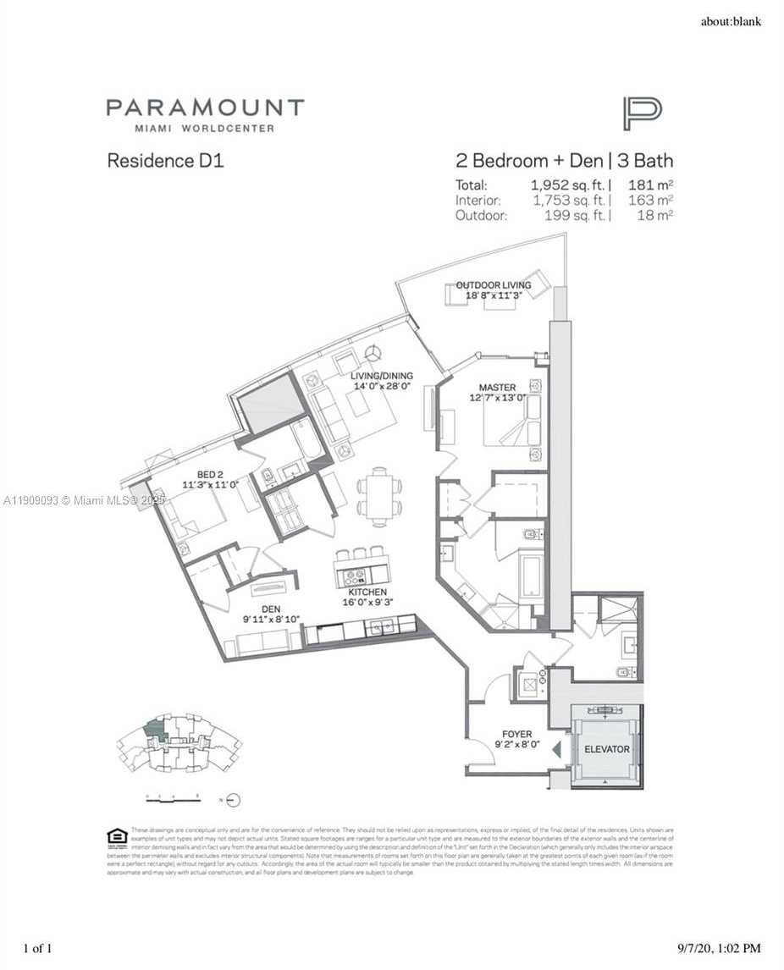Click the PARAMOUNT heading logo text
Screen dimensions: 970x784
[x=204, y=108]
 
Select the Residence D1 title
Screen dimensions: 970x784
[x=165, y=160]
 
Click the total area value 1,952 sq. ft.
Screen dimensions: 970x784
[x=568, y=185]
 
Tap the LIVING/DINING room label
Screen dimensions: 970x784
[x=382, y=376]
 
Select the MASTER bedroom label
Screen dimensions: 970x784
[x=498, y=388]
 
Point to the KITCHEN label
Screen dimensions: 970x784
[x=367, y=592]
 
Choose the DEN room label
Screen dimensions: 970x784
[x=270, y=609]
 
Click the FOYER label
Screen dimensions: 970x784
[x=516, y=735]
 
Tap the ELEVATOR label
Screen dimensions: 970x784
[x=606, y=749]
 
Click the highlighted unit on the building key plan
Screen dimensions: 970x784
[x=154, y=729]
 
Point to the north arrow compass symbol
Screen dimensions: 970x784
[x=234, y=799]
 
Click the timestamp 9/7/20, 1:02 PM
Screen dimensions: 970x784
[x=718, y=949]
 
